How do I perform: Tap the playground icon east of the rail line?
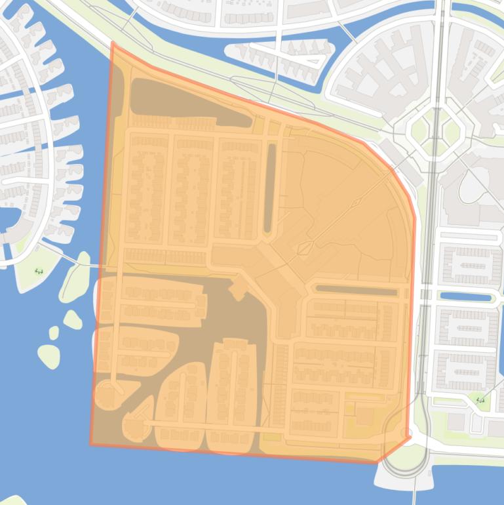[x=480, y=399]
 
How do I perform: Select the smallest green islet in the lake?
[x=54, y=333]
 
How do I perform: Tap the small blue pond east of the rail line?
[x=465, y=297]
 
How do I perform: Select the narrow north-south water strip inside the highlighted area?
[x=269, y=188]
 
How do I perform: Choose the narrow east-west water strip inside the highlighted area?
[x=357, y=290]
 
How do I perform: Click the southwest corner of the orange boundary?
[x=91, y=445]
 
